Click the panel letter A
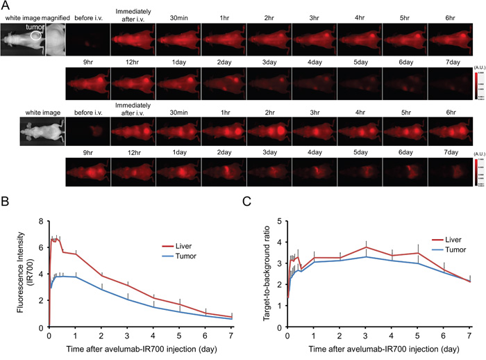point(5,5)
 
